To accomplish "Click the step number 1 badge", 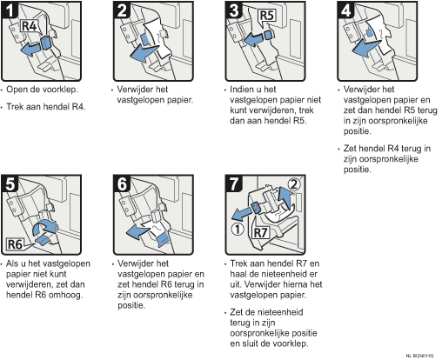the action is (10, 10).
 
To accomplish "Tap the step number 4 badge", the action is (346, 10).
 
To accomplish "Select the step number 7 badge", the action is (234, 183).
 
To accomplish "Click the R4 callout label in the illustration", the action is (30, 26).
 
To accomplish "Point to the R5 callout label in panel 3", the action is (267, 16).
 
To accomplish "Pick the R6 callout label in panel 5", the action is (15, 244).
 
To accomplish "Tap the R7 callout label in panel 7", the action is (260, 232).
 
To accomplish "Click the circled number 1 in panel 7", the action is (238, 230).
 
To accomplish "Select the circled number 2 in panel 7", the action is (294, 184).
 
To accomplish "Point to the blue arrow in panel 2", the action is (144, 53).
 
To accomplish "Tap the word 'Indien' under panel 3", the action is (242, 90).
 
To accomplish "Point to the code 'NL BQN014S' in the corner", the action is (419, 356).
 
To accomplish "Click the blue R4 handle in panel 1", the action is (46, 43).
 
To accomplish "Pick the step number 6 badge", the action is (122, 183).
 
